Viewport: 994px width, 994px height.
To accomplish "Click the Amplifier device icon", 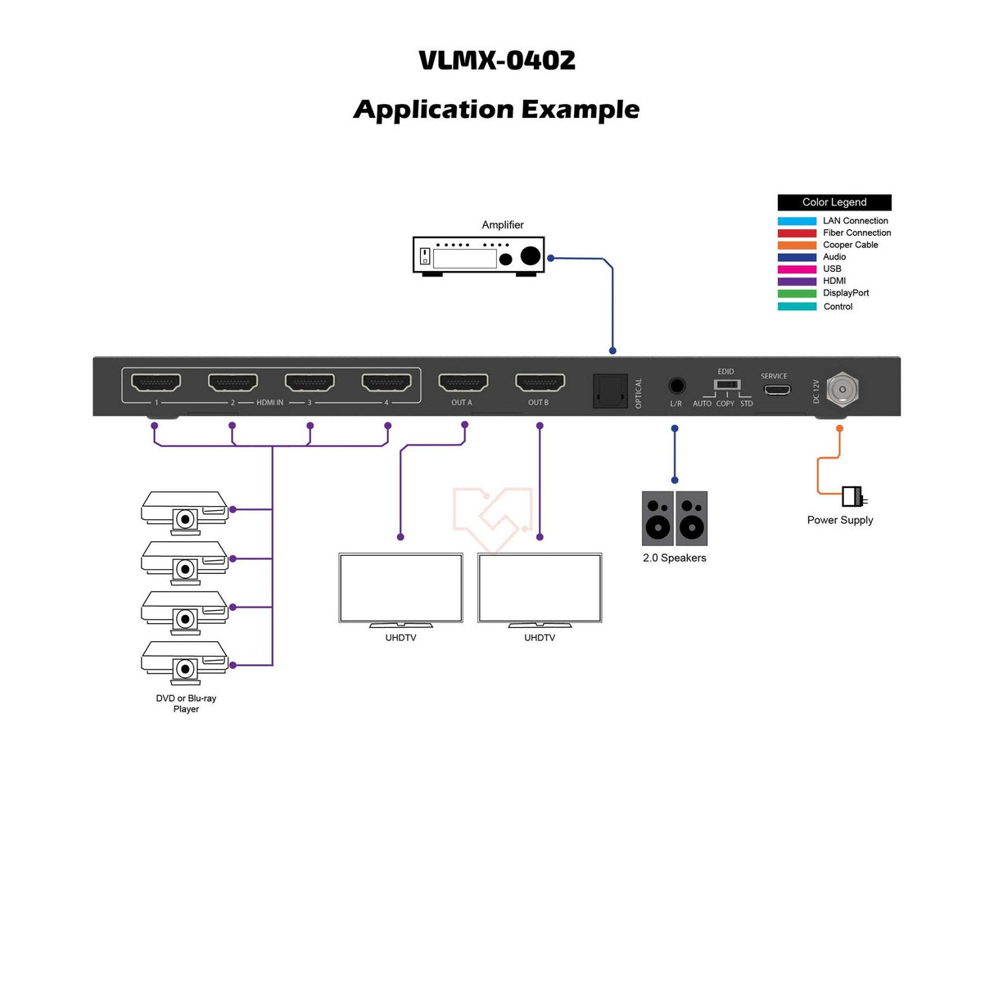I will coord(478,255).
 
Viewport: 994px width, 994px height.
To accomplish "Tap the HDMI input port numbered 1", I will coord(156,382).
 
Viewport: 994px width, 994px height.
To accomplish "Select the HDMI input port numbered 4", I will coord(386,382).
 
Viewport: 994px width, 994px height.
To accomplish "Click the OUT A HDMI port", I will coord(463,382).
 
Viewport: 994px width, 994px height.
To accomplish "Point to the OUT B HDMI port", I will coord(540,382).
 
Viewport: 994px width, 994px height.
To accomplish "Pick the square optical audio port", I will coord(610,391).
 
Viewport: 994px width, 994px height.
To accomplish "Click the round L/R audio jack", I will coord(676,386).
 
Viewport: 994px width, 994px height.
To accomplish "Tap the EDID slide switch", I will coord(727,384).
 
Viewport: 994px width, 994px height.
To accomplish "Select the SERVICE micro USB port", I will coord(776,389).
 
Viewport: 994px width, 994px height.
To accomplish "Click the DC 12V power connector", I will coord(842,390).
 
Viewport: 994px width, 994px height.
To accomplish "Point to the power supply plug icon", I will coord(853,496).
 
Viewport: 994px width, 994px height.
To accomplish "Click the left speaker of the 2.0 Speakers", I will coord(657,518).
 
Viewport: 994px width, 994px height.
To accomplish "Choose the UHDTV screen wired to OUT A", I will coord(400,588).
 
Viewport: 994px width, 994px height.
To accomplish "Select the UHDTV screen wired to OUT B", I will coord(540,588).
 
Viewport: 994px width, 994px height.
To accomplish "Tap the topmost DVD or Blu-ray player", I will coord(185,511).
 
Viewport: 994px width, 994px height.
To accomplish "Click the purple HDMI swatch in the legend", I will coord(797,282).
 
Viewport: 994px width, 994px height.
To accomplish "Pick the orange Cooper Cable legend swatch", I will coord(797,245).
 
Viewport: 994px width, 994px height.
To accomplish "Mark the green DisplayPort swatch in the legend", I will coord(797,293).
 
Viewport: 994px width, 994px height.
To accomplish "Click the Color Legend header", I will coord(834,202).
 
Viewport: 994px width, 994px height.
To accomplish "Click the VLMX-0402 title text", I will coord(497,61).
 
